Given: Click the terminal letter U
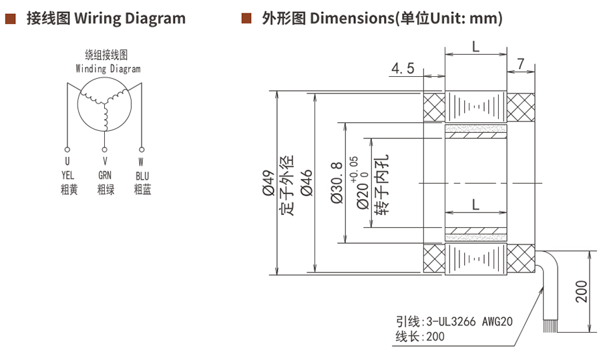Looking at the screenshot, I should (x=67, y=162).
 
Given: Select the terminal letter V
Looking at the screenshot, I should (x=105, y=162).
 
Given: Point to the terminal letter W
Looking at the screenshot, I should (x=141, y=162).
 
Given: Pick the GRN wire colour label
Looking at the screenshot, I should (x=106, y=176).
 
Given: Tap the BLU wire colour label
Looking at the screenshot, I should (x=142, y=176).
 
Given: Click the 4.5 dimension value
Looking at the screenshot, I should (x=403, y=67).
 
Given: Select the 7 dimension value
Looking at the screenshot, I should (x=522, y=65).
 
